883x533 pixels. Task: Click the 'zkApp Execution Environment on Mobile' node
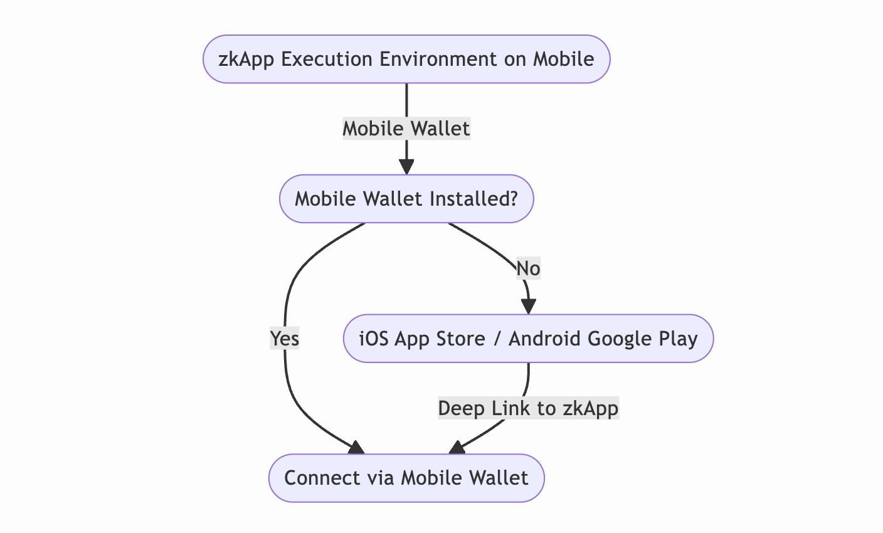coord(406,59)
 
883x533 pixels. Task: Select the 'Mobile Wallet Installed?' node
coord(406,199)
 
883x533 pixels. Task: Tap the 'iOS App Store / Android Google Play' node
coord(528,339)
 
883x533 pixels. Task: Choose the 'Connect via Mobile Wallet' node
coord(406,478)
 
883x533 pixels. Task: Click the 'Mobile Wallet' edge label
coord(406,129)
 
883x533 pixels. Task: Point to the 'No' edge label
coord(528,269)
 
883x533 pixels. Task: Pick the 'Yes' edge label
coord(285,339)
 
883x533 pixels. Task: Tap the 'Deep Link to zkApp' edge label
coord(528,409)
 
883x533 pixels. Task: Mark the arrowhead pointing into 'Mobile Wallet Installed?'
coord(406,167)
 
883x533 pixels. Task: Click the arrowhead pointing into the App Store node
coord(529,307)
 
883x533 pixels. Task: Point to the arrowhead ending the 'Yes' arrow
coord(357,447)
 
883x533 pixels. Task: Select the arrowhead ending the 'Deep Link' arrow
coord(457,447)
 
